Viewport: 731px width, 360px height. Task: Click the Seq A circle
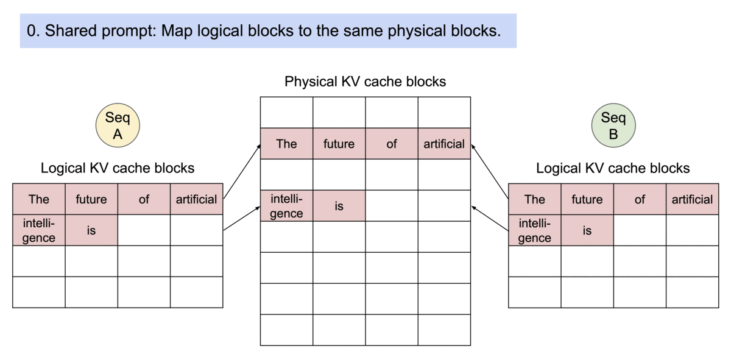pos(118,125)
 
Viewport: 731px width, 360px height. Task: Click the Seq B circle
pos(613,125)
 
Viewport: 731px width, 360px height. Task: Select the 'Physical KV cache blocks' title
pos(365,82)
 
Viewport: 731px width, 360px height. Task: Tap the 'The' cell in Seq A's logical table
pos(39,199)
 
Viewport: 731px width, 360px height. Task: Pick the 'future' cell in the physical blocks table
pos(339,144)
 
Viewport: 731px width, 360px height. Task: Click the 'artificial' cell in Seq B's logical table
pos(691,199)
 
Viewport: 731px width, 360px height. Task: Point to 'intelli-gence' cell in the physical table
pos(286,206)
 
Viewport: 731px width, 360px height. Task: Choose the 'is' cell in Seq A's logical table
pos(91,230)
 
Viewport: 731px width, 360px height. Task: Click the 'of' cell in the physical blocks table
pos(392,144)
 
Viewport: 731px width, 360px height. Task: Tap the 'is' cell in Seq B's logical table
pos(587,230)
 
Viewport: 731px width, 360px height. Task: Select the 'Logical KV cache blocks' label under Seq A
pos(118,168)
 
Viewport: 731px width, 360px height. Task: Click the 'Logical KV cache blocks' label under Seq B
pos(613,168)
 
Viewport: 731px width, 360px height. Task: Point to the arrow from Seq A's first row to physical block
pos(242,172)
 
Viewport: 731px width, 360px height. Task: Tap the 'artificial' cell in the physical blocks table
pos(444,144)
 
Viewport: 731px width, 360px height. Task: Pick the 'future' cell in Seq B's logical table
pos(587,199)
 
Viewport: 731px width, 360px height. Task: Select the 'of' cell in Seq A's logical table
pos(144,199)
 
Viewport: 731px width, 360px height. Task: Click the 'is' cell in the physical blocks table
pos(339,206)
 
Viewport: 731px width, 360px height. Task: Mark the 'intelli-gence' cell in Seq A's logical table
pos(39,230)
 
